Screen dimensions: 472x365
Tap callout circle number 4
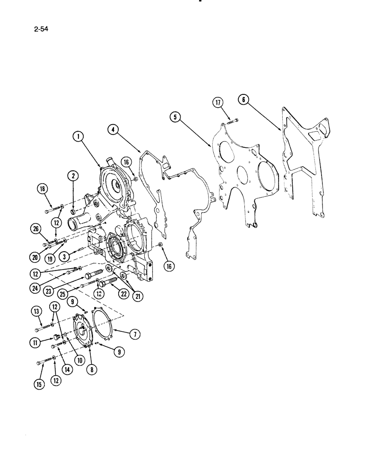pyautogui.click(x=113, y=128)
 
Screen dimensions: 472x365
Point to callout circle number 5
pyautogui.click(x=176, y=116)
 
